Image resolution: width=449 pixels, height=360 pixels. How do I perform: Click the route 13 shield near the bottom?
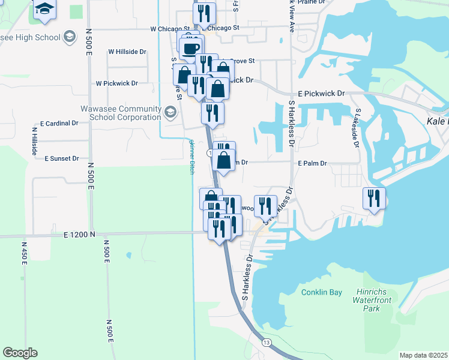[267, 342]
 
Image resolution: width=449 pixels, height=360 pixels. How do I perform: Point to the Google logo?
[20, 353]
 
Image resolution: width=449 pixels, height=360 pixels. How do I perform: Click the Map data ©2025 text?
[423, 355]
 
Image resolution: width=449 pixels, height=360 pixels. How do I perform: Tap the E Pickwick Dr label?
[322, 94]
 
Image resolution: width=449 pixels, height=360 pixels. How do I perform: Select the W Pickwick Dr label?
[117, 83]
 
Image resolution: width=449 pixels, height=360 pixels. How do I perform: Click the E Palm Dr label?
[312, 163]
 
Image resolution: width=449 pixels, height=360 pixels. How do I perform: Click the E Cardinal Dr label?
[59, 123]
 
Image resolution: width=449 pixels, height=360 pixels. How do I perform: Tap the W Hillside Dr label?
[127, 52]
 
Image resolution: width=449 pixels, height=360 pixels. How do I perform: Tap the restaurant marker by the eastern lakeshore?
[374, 198]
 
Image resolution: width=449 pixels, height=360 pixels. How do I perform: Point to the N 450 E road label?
[25, 252]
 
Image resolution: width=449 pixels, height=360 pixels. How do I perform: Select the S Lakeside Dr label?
[357, 127]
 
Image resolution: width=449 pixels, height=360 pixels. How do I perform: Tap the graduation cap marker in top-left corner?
[44, 10]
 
